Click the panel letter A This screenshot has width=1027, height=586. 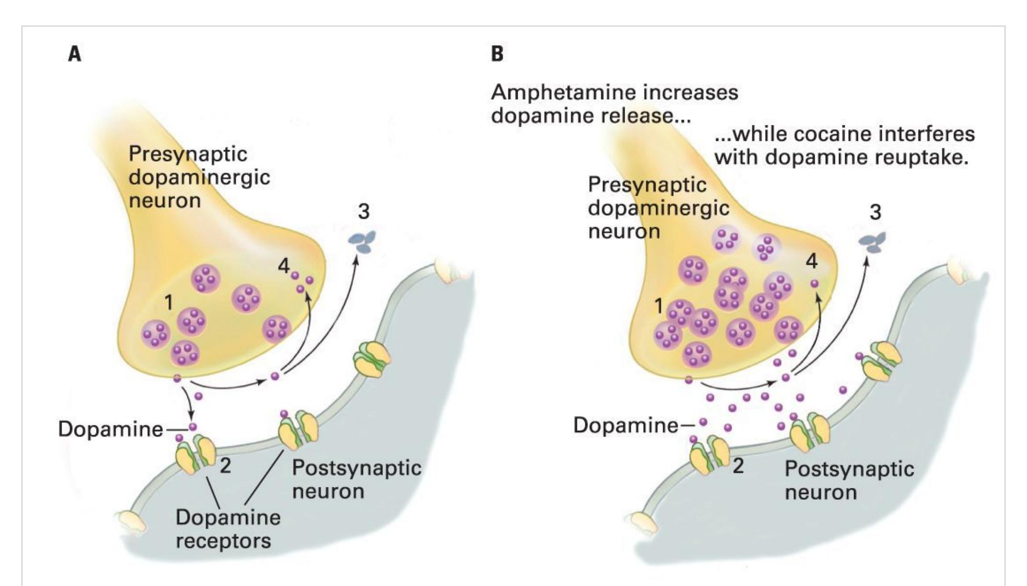click(x=75, y=54)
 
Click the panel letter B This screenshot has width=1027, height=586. click(x=497, y=54)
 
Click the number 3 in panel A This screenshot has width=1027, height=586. click(x=364, y=212)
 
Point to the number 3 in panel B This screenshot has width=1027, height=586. click(x=875, y=212)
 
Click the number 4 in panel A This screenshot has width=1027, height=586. click(x=284, y=266)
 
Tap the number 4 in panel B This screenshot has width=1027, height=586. click(x=812, y=262)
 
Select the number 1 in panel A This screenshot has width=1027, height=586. click(x=168, y=303)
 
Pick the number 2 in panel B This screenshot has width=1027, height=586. click(x=738, y=466)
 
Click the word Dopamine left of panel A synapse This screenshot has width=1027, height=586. click(x=111, y=430)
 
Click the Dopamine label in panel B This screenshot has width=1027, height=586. click(x=626, y=425)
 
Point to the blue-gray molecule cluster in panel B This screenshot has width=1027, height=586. click(x=873, y=243)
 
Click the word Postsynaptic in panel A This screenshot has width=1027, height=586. click(x=356, y=468)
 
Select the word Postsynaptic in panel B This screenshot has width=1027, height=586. click(x=849, y=469)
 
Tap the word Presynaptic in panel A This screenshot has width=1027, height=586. click(x=188, y=154)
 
